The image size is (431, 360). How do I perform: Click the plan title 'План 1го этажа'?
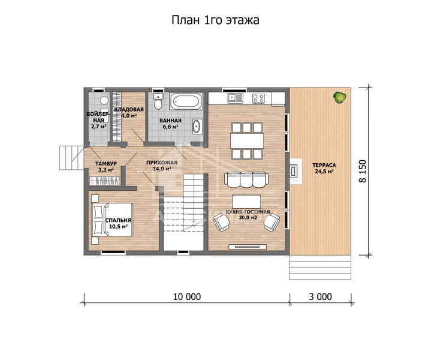pyautogui.click(x=215, y=20)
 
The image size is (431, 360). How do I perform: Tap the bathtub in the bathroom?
pyautogui.click(x=186, y=101)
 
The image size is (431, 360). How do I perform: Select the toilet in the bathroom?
pyautogui.click(x=158, y=101)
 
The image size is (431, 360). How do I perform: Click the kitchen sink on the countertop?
pyautogui.click(x=236, y=98)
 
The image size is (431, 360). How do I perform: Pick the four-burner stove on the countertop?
pyautogui.click(x=258, y=98)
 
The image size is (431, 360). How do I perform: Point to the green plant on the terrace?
pyautogui.click(x=339, y=97)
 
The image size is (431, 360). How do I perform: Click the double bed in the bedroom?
pyautogui.click(x=112, y=220)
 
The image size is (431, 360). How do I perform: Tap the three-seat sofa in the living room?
pyautogui.click(x=246, y=180)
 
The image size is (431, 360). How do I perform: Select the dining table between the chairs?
pyautogui.click(x=247, y=141)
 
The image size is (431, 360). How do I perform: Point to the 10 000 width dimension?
pyautogui.click(x=187, y=296)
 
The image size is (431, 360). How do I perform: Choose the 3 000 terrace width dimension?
pyautogui.click(x=320, y=296)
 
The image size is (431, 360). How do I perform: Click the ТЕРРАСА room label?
pyautogui.click(x=324, y=165)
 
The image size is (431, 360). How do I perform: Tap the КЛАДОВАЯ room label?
pyautogui.click(x=129, y=110)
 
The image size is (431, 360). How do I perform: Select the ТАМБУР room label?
pyautogui.click(x=106, y=164)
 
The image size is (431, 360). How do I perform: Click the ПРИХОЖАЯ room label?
pyautogui.click(x=162, y=163)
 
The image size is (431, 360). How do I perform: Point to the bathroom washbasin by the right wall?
pyautogui.click(x=197, y=127)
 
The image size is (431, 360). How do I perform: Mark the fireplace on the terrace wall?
pyautogui.click(x=295, y=171)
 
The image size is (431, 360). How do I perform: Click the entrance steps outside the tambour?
pyautogui.click(x=72, y=158)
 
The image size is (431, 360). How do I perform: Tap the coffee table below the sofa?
pyautogui.click(x=246, y=202)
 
